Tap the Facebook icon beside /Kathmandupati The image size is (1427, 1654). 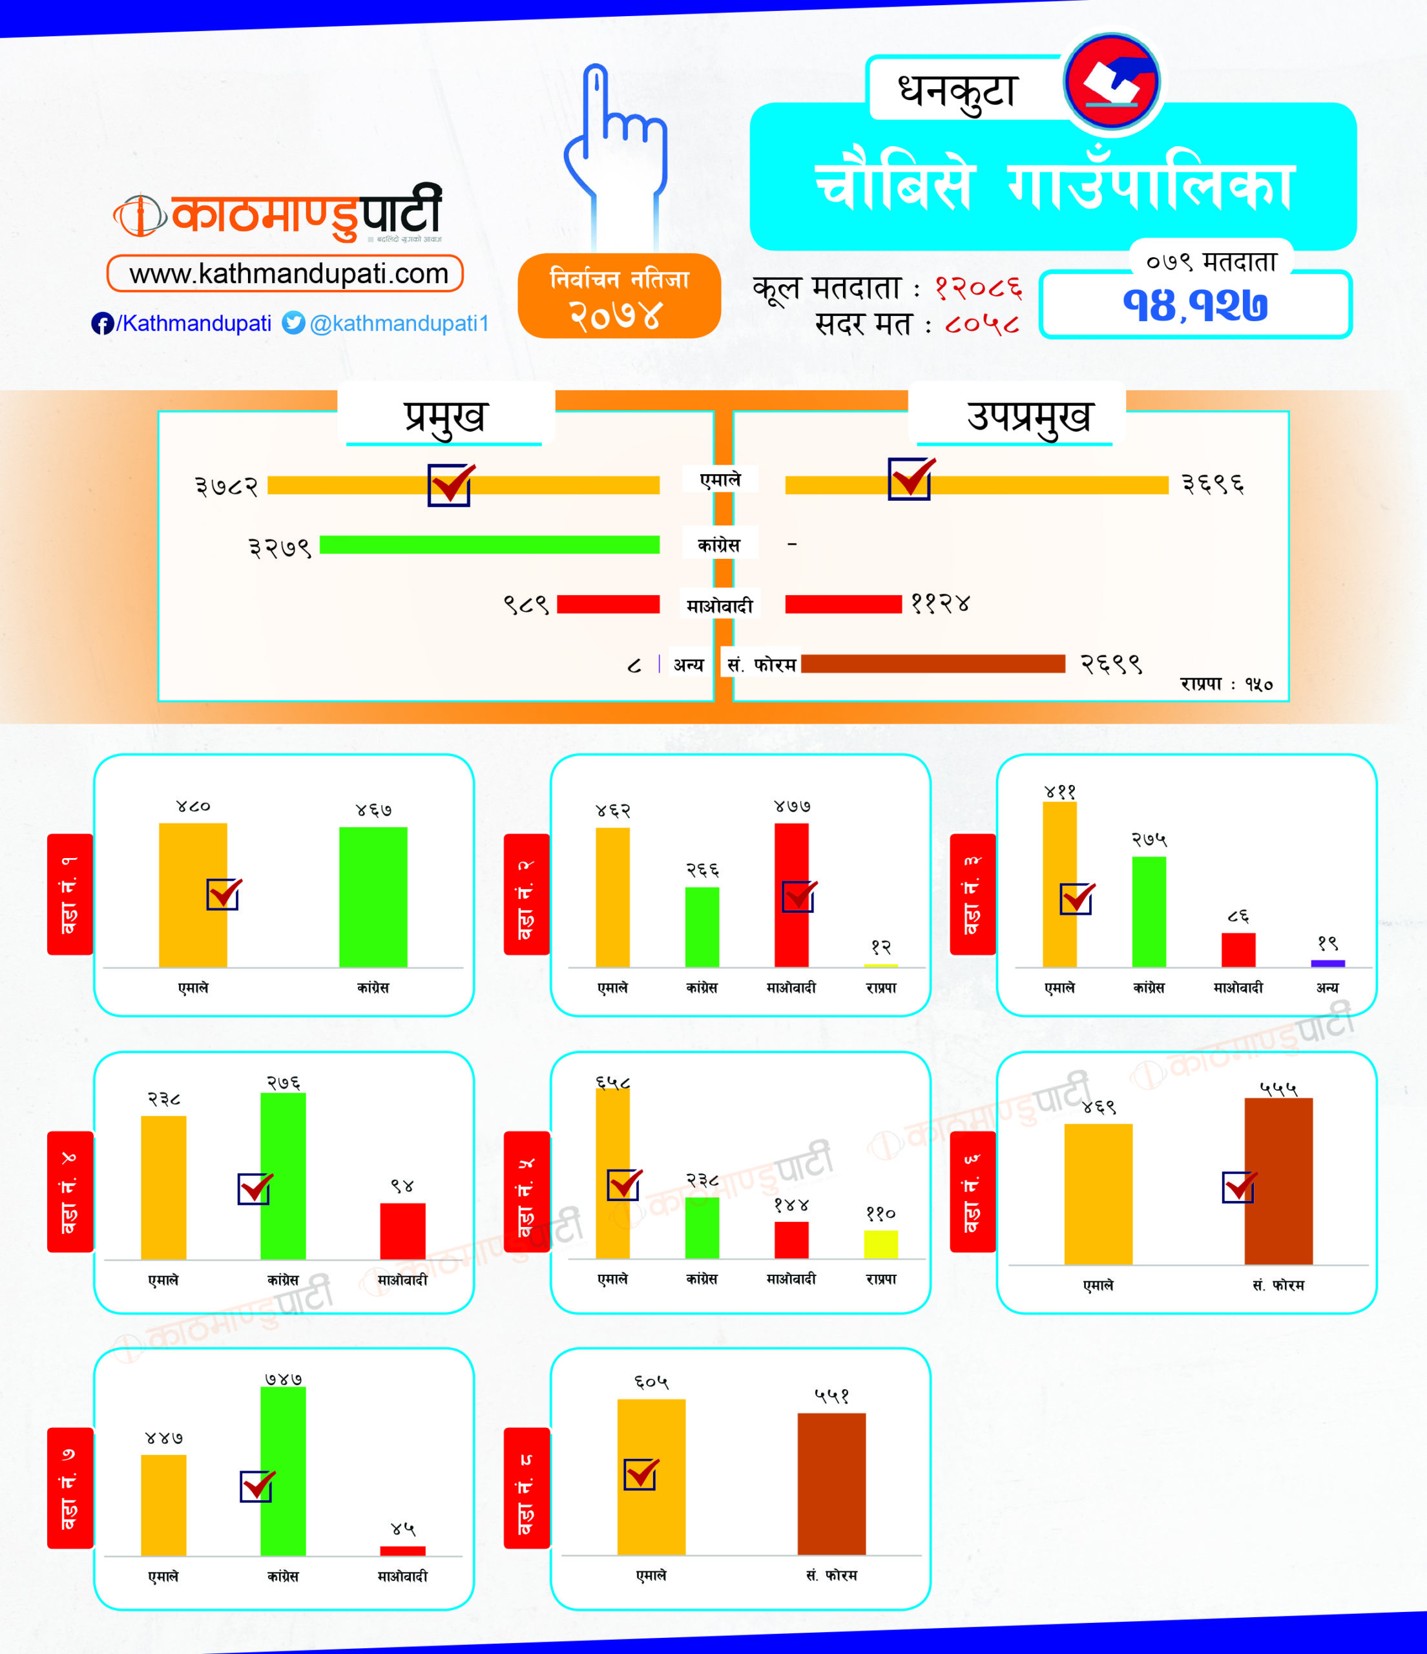[102, 323]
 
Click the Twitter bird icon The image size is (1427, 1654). [294, 322]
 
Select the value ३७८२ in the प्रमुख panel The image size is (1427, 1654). [227, 485]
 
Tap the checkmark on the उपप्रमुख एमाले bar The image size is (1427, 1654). [911, 478]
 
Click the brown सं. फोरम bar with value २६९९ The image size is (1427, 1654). [933, 664]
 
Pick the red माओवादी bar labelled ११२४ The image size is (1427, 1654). [843, 604]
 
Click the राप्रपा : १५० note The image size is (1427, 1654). [1226, 684]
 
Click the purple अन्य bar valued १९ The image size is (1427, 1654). [1328, 963]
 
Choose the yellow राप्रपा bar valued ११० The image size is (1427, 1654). [880, 1244]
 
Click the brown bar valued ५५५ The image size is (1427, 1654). [1278, 1182]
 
